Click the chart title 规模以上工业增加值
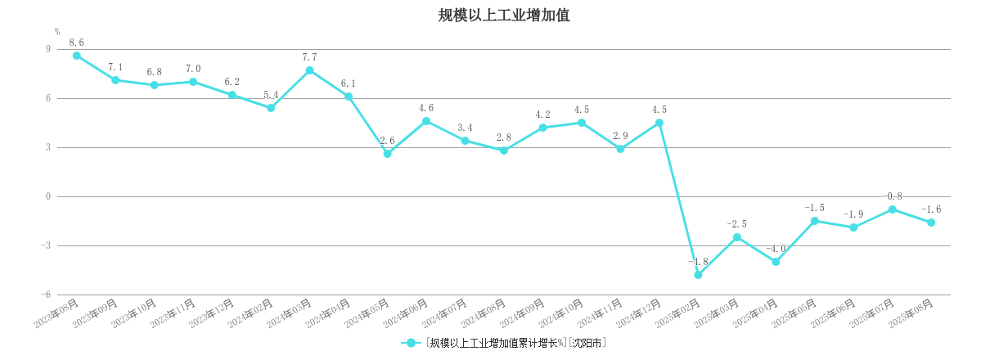[504, 15]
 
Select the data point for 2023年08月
[76, 56]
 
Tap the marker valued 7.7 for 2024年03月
[309, 70]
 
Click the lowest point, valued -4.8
[698, 275]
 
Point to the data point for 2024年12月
[659, 123]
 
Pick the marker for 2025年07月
[893, 209]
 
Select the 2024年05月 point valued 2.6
[387, 154]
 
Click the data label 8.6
[76, 43]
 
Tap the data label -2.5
[736, 224]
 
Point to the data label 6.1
[349, 83]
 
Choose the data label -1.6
[931, 209]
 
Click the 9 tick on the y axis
[47, 49]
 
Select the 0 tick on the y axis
[47, 196]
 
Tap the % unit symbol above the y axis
[57, 32]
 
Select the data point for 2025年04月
[776, 262]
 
